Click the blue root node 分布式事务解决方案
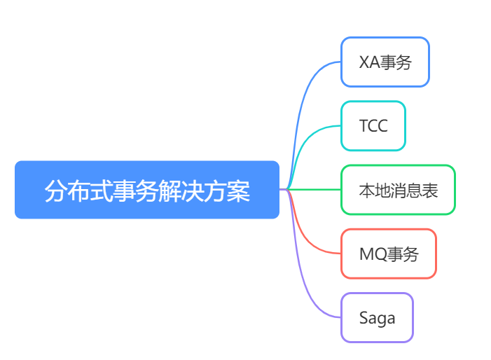click(147, 190)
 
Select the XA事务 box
click(385, 62)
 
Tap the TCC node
click(373, 126)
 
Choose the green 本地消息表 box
click(398, 190)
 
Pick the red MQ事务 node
click(388, 254)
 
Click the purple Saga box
click(377, 318)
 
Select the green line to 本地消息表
click(313, 189)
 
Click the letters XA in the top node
click(370, 62)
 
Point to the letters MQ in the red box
click(373, 254)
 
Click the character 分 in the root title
click(56, 191)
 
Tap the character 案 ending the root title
click(239, 191)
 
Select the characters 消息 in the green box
click(398, 191)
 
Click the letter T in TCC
click(364, 126)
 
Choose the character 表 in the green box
click(429, 191)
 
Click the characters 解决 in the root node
click(181, 191)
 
